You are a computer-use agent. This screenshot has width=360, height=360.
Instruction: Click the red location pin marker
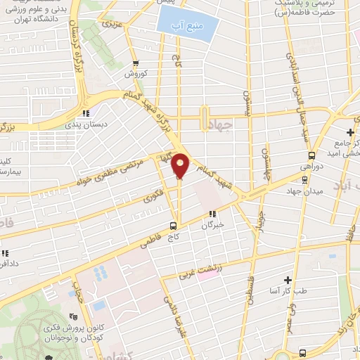(x=181, y=166)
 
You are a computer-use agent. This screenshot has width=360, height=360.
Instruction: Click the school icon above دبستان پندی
(x=86, y=112)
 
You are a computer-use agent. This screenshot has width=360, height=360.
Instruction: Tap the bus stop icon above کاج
(x=173, y=226)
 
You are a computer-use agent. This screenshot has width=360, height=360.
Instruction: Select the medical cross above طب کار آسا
(x=288, y=279)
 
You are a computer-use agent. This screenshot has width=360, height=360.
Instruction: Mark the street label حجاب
(x=79, y=290)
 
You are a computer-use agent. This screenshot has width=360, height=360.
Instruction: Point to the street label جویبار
(x=262, y=210)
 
